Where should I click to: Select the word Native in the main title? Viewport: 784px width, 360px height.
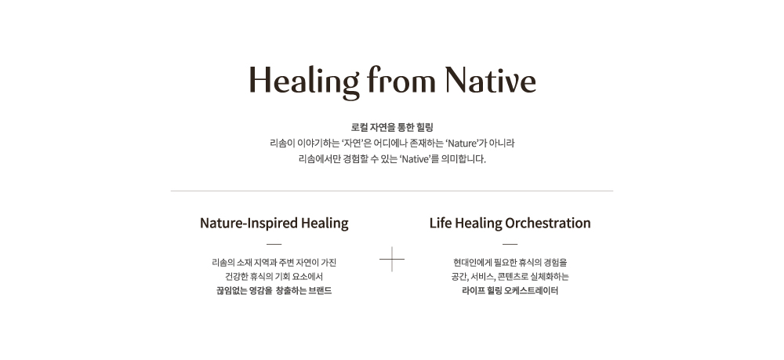click(x=491, y=81)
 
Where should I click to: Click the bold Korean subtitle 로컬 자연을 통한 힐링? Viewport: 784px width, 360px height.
click(x=392, y=128)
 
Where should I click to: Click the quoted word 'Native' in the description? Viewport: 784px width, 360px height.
click(x=415, y=159)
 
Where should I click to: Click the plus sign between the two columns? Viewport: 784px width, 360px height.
click(x=392, y=260)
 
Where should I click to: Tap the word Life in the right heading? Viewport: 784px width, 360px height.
click(x=440, y=223)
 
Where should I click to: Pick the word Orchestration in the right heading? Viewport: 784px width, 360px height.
click(x=547, y=223)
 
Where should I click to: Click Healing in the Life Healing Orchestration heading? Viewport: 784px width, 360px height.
click(x=477, y=223)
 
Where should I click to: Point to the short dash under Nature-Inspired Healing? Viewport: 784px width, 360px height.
click(x=274, y=244)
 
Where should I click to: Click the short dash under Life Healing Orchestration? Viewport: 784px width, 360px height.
click(x=510, y=244)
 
